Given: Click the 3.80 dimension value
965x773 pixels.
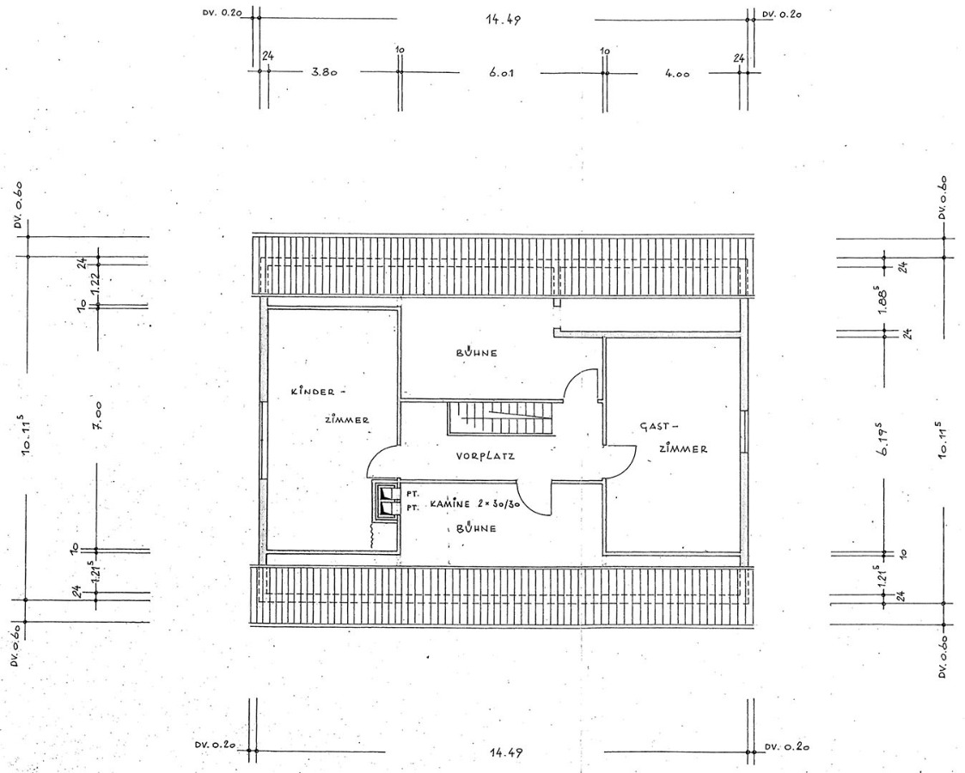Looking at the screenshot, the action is pyautogui.click(x=324, y=73).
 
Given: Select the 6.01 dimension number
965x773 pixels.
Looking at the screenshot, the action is pyautogui.click(x=502, y=73).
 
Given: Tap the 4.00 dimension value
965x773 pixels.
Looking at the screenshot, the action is pyautogui.click(x=677, y=73).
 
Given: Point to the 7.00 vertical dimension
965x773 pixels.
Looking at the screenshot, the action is pyautogui.click(x=97, y=417).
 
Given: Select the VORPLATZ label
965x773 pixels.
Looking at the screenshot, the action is pyautogui.click(x=485, y=456).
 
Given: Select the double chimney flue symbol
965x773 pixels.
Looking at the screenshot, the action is pyautogui.click(x=386, y=501).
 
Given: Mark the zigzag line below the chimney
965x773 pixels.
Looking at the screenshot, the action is pyautogui.click(x=372, y=538).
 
